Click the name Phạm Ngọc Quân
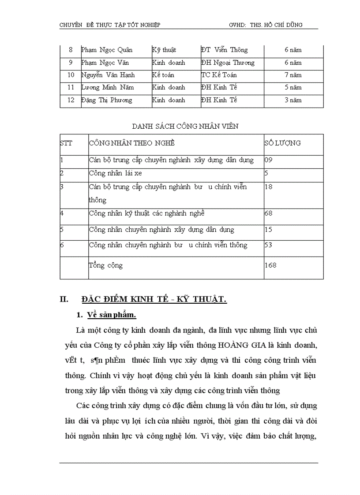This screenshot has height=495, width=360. click(107, 50)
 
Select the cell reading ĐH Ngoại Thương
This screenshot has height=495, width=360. click(227, 63)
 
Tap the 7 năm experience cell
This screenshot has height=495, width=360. click(293, 75)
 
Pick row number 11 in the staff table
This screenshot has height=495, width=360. click(71, 88)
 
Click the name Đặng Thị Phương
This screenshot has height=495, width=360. click(106, 100)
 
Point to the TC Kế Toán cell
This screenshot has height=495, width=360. click(219, 75)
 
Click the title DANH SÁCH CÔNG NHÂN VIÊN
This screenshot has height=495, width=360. click(185, 127)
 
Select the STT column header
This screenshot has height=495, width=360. click(66, 143)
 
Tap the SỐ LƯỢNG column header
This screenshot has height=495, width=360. click(282, 143)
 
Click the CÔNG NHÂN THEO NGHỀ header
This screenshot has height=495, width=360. click(131, 143)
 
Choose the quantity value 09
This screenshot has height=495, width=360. click(269, 160)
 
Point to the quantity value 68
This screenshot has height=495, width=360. click(268, 213)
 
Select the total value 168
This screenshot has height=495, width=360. click(270, 265)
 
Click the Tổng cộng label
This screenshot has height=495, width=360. click(106, 265)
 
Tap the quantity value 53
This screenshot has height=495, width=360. click(268, 245)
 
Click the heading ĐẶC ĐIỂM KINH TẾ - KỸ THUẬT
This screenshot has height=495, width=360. click(154, 300)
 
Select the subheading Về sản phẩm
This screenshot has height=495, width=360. click(112, 315)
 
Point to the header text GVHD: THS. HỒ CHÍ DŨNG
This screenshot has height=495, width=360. click(266, 25)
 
